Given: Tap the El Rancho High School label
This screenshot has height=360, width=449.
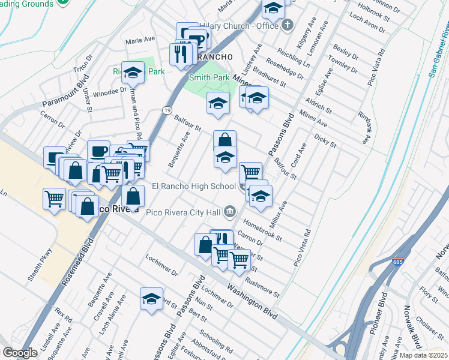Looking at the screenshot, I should tap(193, 186).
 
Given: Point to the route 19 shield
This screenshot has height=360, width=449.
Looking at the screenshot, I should tap(167, 109).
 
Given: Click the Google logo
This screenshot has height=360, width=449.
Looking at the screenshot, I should tap(20, 353).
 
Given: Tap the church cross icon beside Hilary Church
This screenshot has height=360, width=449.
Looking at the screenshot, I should tap(288, 25).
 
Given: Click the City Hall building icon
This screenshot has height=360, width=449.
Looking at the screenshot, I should tap(230, 211).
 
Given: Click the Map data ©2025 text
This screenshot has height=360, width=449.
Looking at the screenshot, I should tap(423, 355).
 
